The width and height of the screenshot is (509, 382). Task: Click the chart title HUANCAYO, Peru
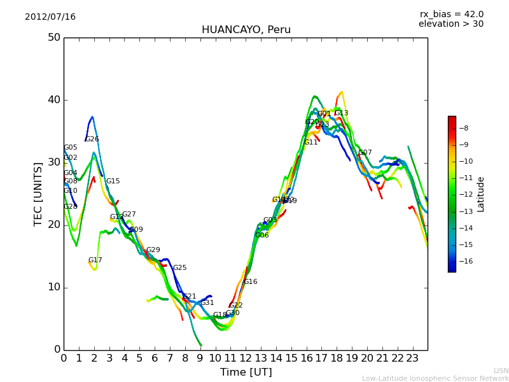point(246,30)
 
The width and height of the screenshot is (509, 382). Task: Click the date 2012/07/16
point(50,17)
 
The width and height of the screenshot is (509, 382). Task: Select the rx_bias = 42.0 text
point(451,15)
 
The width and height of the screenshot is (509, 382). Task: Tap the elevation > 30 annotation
point(451,24)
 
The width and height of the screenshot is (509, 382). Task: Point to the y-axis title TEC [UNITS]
point(38,194)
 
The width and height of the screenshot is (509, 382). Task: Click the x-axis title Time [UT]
point(246,372)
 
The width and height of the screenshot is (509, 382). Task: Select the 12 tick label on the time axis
point(246,358)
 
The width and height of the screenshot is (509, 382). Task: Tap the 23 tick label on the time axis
point(412,358)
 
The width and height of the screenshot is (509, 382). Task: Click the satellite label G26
point(92,139)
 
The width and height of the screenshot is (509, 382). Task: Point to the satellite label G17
point(95,260)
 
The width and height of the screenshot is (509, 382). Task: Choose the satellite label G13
point(342,113)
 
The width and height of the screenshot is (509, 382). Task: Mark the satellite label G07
point(365,153)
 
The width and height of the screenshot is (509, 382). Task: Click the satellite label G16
point(251,282)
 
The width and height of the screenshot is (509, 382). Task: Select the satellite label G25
point(180,268)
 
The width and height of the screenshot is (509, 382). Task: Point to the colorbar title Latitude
point(481,194)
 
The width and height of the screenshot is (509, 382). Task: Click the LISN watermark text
point(501,371)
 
